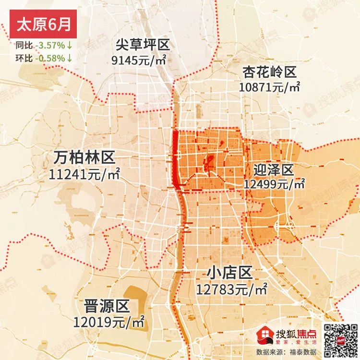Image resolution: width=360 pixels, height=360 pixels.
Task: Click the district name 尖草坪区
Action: click(143, 46)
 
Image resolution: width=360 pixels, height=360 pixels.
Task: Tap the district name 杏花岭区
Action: click(269, 72)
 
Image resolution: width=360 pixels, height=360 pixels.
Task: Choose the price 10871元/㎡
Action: click(269, 87)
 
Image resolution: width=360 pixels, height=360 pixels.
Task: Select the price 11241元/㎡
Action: click(84, 173)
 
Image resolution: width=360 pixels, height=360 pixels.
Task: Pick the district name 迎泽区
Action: click(273, 169)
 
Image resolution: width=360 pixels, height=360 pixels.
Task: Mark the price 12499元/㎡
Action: click(274, 184)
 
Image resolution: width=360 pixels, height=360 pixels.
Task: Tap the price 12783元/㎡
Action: click(231, 289)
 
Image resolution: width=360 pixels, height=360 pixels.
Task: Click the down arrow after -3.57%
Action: click(70, 46)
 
